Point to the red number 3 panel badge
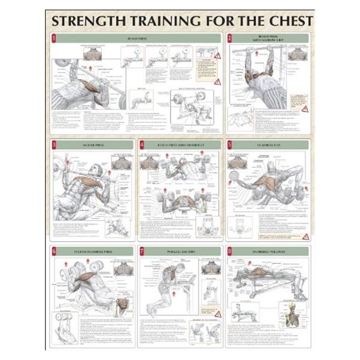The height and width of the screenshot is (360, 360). point(54,145)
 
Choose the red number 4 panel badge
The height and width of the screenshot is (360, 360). point(142,145)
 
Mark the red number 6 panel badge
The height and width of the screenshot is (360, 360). point(54,251)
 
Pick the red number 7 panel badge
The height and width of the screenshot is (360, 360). point(142,251)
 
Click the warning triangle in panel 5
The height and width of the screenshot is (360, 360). point(305,236)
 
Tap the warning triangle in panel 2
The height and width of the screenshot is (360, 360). point(305,109)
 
